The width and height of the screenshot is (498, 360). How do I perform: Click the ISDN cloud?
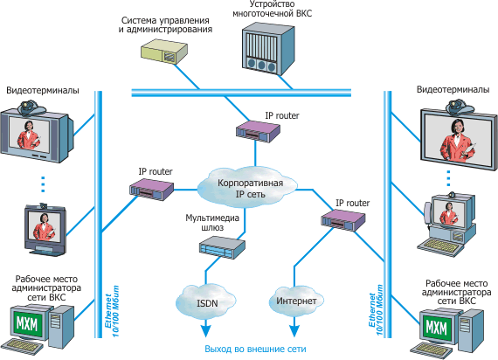point(206,301)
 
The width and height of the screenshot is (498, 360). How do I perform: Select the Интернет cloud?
point(296,301)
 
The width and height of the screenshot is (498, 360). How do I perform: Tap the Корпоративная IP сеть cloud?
point(248,188)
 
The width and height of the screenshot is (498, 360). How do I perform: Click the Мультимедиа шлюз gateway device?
point(222,246)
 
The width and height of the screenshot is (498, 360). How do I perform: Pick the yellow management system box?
point(164,52)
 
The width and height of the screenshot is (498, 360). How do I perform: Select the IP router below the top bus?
point(258,131)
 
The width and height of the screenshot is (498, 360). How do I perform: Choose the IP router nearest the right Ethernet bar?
point(343,219)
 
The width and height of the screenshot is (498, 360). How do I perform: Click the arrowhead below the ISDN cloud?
point(206,330)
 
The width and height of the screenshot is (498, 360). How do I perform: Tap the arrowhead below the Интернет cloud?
point(294,330)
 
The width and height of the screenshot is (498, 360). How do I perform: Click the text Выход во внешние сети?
point(255,349)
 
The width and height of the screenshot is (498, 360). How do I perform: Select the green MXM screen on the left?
point(27,324)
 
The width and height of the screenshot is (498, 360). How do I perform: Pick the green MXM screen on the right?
point(436,328)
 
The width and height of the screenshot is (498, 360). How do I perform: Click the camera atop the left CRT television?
point(31,107)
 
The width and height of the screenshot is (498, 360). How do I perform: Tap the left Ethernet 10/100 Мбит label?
point(112,311)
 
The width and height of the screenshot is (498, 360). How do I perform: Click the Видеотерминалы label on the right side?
point(453,90)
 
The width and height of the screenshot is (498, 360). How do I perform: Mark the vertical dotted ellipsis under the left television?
point(43,184)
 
